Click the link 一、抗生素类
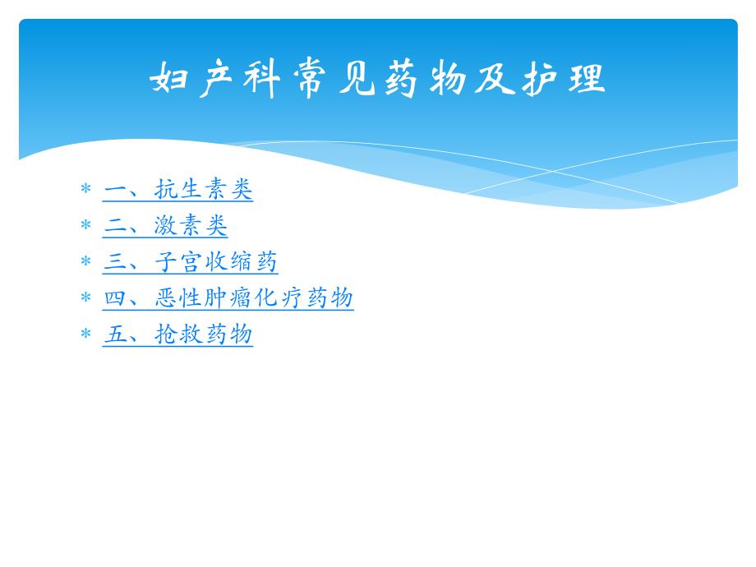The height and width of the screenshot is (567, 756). (x=177, y=190)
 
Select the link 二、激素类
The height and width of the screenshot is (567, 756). (x=165, y=226)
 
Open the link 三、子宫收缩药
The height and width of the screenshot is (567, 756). (x=191, y=262)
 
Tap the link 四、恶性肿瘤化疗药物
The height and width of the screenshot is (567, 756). (x=228, y=298)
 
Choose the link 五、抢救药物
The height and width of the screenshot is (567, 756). (x=177, y=334)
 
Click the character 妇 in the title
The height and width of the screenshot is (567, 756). (x=170, y=80)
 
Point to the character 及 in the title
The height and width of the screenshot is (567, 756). (x=493, y=80)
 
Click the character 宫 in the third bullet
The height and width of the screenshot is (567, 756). (x=191, y=262)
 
